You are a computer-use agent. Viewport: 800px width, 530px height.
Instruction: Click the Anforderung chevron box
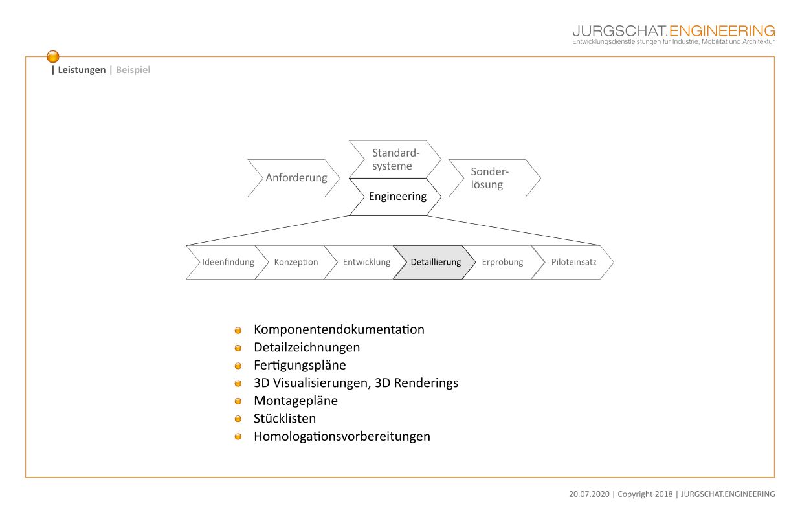coord(294,178)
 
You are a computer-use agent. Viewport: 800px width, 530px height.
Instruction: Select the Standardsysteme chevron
coord(395,159)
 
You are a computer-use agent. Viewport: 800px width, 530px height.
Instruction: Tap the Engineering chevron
coord(395,197)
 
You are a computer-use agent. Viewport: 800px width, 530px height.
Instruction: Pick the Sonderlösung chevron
coord(494,178)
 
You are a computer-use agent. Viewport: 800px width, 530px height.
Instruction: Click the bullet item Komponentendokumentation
coord(339,329)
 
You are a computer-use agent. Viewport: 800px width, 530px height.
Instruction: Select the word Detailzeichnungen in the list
coord(307,347)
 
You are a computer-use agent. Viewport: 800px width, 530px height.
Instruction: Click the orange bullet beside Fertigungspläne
coord(238,366)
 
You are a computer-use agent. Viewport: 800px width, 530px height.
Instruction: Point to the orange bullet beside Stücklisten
coord(238,419)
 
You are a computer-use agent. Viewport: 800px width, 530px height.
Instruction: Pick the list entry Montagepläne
coord(296,401)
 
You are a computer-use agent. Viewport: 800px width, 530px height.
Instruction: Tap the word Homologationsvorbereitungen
coord(342,436)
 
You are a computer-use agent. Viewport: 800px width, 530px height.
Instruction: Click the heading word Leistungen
coord(82,70)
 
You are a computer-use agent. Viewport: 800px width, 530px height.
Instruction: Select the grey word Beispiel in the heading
coord(133,70)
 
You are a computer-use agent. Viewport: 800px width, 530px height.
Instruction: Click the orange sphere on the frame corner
coord(53,56)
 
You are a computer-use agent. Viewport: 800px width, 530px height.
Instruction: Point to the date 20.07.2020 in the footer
coord(589,494)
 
